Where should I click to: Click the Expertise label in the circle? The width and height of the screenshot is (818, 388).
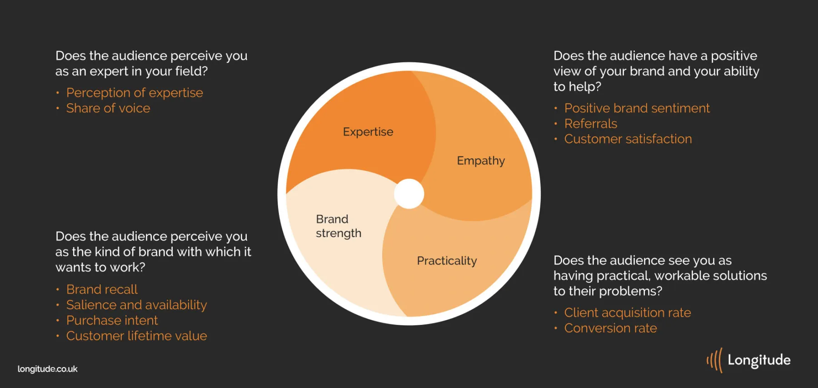(x=368, y=132)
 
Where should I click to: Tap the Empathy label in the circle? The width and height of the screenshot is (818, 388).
(x=481, y=161)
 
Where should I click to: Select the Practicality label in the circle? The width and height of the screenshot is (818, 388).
(x=447, y=261)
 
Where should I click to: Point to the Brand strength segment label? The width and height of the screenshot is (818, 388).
(x=339, y=226)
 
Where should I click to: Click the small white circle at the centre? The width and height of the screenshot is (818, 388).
(x=409, y=194)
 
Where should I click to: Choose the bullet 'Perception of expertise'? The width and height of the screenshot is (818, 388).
(x=135, y=93)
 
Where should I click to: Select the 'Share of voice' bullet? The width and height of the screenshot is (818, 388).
(x=108, y=108)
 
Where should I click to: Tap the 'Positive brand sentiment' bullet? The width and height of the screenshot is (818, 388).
(x=637, y=108)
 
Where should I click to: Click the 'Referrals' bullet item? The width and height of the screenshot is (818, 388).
(x=591, y=124)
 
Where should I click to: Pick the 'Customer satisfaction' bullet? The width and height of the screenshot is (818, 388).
(x=628, y=139)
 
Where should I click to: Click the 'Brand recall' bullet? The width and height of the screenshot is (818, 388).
(x=102, y=289)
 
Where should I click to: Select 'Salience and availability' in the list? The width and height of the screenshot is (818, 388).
(x=136, y=305)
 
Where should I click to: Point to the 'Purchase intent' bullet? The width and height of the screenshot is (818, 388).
(x=112, y=320)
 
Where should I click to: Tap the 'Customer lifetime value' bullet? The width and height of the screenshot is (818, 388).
(x=136, y=336)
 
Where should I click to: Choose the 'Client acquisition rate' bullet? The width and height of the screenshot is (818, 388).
(x=628, y=313)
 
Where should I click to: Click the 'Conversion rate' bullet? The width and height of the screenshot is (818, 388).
(x=611, y=328)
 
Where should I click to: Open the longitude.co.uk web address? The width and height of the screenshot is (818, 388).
(x=48, y=369)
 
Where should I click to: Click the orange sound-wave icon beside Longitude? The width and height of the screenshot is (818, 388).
(x=714, y=360)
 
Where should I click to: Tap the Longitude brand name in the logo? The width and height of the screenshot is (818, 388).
(x=759, y=360)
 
